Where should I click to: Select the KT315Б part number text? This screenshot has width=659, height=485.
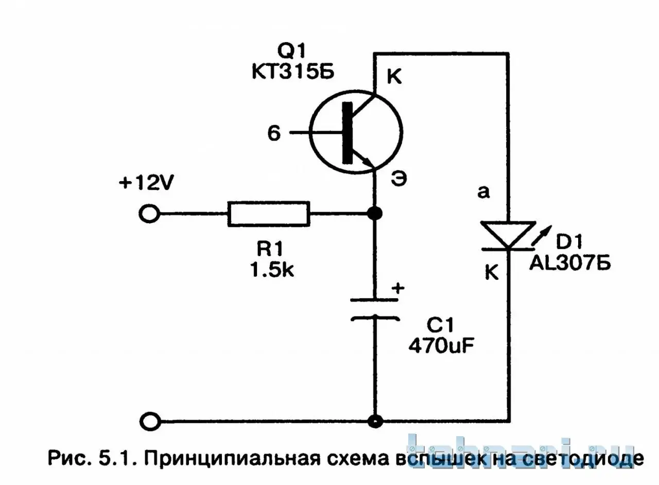pyautogui.click(x=292, y=72)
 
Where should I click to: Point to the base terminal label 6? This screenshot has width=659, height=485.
pyautogui.click(x=274, y=134)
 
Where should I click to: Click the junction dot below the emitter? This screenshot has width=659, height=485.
pyautogui.click(x=376, y=213)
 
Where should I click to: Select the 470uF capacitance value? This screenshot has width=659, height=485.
pyautogui.click(x=441, y=346)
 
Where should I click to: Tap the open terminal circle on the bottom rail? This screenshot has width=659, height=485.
pyautogui.click(x=149, y=422)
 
